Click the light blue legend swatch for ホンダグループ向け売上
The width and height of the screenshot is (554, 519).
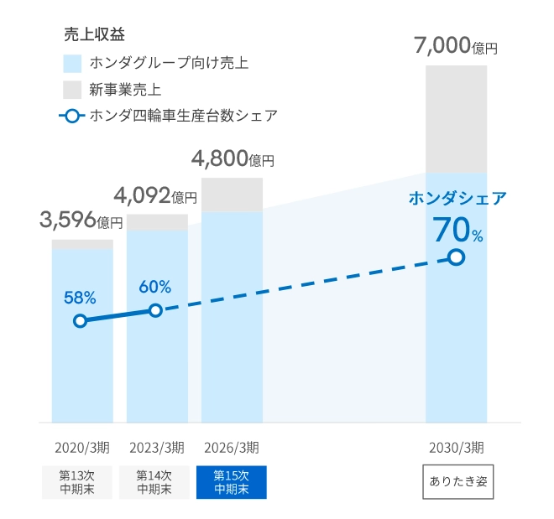[72, 63]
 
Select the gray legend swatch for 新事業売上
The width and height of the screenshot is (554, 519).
[72, 90]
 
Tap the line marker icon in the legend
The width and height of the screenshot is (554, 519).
[72, 116]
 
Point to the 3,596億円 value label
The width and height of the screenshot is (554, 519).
[81, 221]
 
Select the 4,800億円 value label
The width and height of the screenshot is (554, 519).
[233, 158]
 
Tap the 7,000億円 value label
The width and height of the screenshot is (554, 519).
[456, 45]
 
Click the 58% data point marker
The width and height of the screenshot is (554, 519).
[81, 320]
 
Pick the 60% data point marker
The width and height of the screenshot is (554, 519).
[155, 310]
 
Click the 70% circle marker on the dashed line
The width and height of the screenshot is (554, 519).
[456, 257]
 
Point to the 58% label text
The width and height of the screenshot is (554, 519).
[80, 297]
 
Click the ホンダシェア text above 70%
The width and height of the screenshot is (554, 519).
[457, 198]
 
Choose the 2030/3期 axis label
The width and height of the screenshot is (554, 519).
[456, 446]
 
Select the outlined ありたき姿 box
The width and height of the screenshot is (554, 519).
[457, 482]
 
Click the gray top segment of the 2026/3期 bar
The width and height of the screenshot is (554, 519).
[232, 195]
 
